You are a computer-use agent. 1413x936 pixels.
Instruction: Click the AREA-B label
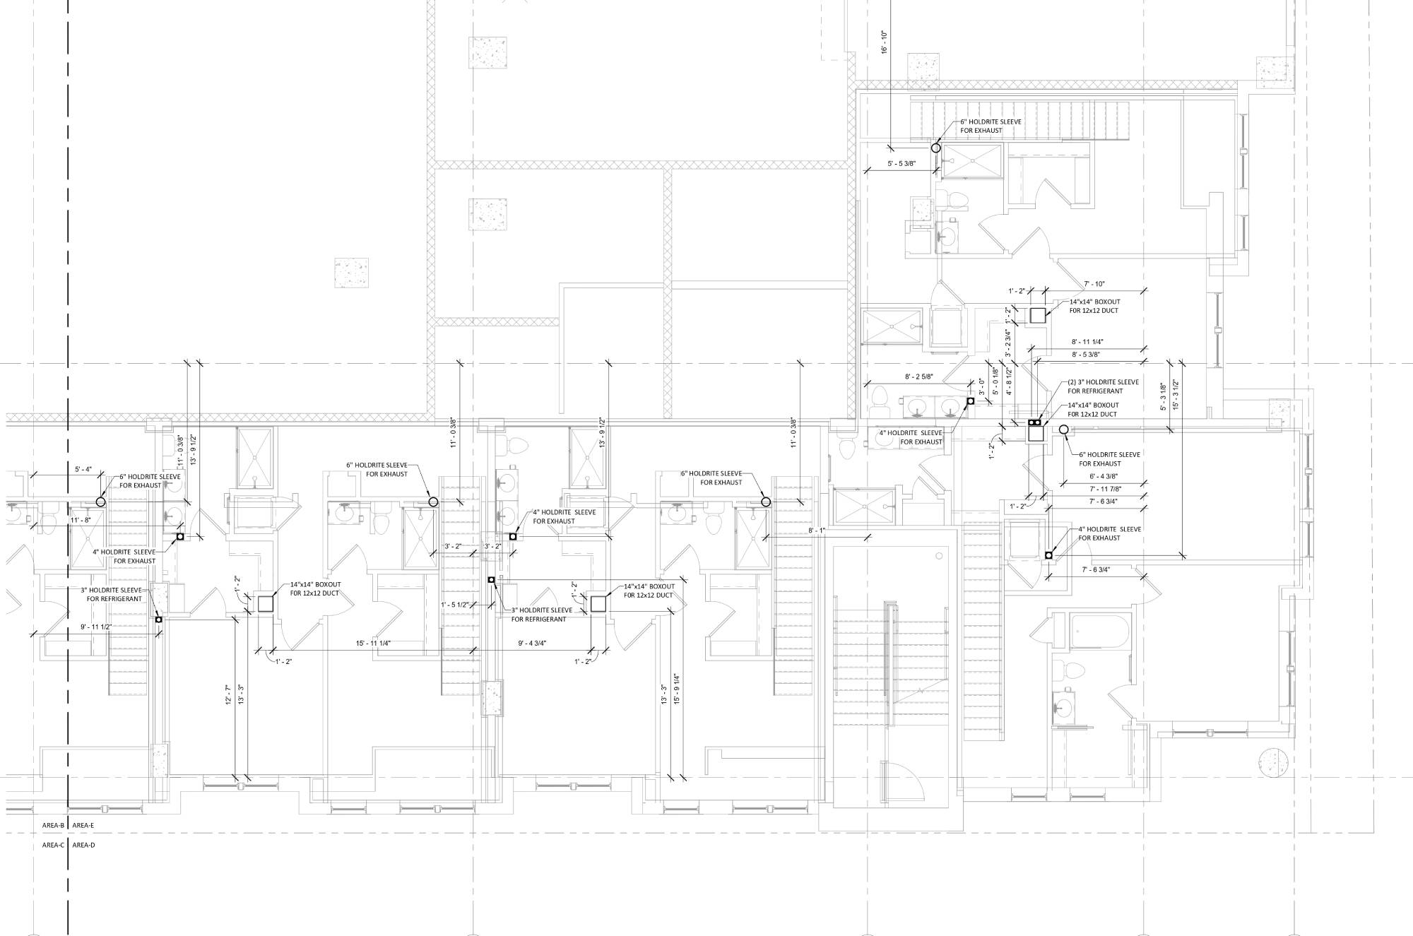(x=53, y=825)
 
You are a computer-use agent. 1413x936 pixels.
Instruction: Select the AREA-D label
(x=83, y=845)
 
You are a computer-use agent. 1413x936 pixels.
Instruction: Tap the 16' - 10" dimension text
(x=884, y=42)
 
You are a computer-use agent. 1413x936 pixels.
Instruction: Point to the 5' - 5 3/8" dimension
(x=901, y=163)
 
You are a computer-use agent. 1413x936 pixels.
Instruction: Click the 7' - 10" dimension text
(x=1094, y=284)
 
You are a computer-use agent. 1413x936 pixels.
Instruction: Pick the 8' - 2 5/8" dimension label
(x=918, y=377)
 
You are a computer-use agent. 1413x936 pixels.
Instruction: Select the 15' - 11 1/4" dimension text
(x=373, y=643)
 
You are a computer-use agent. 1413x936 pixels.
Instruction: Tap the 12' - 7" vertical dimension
(x=227, y=697)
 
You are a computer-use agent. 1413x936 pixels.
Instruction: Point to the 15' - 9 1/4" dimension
(x=676, y=688)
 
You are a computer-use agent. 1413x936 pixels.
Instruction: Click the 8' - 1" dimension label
(x=817, y=530)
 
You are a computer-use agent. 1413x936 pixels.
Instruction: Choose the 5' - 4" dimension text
(x=83, y=469)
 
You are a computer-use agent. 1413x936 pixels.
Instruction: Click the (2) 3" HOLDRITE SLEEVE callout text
(x=1103, y=381)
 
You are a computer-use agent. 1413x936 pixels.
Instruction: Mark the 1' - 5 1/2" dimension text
(x=455, y=605)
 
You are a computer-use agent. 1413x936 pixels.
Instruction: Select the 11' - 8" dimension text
(x=81, y=520)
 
